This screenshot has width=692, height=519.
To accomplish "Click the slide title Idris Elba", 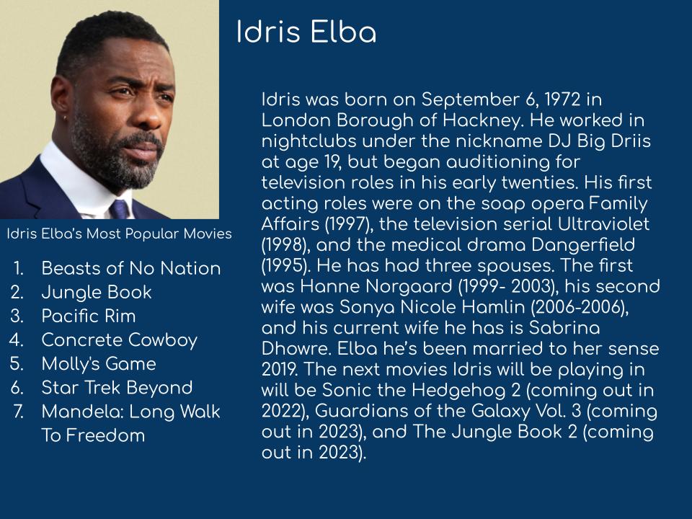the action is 306,32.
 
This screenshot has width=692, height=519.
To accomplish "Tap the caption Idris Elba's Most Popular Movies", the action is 119,234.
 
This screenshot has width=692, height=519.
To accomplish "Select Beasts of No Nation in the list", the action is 131,268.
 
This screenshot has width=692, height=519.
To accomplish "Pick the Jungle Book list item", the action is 96,292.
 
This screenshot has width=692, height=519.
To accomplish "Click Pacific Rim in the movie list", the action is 88,316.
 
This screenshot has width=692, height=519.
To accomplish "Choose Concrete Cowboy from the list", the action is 119,340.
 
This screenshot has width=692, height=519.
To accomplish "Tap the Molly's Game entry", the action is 99,364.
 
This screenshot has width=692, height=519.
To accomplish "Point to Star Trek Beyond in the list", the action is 117,388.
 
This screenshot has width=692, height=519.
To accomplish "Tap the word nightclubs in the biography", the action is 309,141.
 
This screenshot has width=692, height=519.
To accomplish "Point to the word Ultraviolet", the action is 603,223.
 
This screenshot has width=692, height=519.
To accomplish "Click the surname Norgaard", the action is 409,286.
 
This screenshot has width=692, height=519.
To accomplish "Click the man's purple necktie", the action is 119,209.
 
